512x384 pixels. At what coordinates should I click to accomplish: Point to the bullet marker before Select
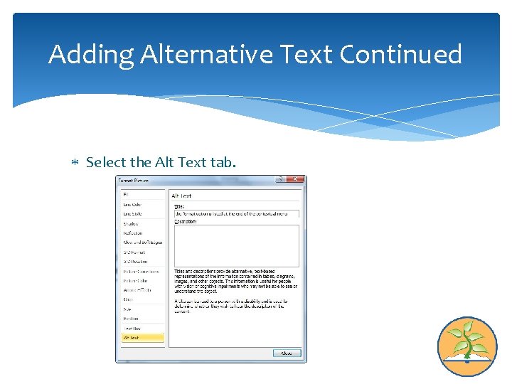[x=75, y=163]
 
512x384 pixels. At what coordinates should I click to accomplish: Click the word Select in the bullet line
[x=105, y=162]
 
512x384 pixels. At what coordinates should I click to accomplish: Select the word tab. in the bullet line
[x=223, y=162]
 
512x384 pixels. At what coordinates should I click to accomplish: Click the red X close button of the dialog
[x=299, y=181]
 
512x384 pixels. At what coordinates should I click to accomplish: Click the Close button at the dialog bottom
[x=287, y=353]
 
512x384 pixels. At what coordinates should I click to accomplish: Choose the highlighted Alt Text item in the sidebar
[x=142, y=338]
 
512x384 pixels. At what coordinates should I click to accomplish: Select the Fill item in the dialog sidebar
[x=127, y=194]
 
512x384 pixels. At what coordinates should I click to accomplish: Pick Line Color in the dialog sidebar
[x=132, y=204]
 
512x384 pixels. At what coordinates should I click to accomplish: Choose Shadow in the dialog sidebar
[x=131, y=223]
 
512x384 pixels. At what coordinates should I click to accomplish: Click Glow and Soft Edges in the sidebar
[x=142, y=242]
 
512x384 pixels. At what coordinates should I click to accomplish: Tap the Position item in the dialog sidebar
[x=131, y=319]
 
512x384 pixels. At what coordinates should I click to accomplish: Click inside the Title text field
[x=236, y=213]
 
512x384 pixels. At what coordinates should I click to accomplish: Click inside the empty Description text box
[x=236, y=245]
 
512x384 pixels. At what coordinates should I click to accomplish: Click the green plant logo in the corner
[x=466, y=346]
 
